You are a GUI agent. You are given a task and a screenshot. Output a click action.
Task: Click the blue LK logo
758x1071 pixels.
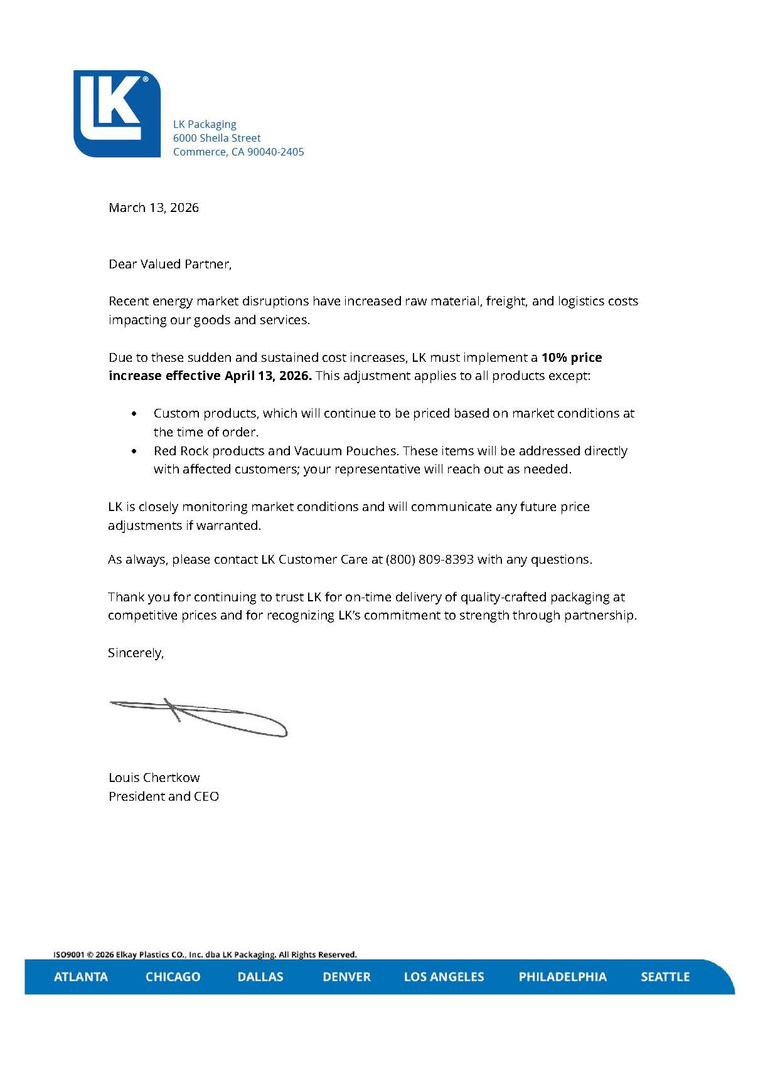click(117, 113)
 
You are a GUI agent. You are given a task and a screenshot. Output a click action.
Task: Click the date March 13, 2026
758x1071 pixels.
click(154, 208)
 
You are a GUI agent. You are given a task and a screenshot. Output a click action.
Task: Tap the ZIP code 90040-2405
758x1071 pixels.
click(275, 152)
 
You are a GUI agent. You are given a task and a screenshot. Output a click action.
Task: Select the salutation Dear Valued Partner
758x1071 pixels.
click(170, 264)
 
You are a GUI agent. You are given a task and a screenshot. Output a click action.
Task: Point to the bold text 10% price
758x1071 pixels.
click(572, 357)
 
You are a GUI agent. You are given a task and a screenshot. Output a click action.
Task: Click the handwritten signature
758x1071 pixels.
click(198, 717)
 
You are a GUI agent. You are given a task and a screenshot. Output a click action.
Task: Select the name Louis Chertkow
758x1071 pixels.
click(154, 778)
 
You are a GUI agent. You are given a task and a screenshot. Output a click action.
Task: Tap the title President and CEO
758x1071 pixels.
click(164, 796)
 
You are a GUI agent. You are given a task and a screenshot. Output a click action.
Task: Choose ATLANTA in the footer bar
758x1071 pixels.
click(81, 976)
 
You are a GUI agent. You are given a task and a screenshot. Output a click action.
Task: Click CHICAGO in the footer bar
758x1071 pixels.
click(173, 976)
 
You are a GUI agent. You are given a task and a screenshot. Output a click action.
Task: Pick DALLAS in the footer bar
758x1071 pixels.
click(260, 976)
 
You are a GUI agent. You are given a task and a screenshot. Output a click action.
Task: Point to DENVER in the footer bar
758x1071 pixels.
click(346, 976)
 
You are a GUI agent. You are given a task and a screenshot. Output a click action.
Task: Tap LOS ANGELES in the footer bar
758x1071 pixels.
click(444, 976)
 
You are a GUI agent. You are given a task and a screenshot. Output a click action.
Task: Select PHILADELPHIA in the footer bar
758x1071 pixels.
click(562, 976)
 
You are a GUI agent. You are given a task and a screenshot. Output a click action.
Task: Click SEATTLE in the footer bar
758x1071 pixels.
click(665, 976)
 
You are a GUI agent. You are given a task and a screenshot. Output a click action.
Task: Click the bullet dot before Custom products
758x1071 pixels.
click(134, 414)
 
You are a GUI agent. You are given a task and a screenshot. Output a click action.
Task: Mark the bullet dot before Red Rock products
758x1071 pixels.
click(134, 451)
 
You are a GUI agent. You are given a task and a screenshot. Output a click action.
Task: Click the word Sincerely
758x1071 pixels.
click(136, 653)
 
